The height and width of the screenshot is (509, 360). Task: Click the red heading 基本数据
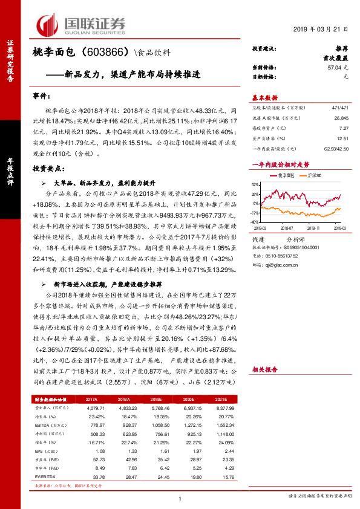264,97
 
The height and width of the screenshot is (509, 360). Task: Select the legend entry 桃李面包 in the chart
286,174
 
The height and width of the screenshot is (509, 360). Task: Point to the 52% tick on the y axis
255,184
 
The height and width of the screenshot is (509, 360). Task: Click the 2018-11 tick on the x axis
313,229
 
